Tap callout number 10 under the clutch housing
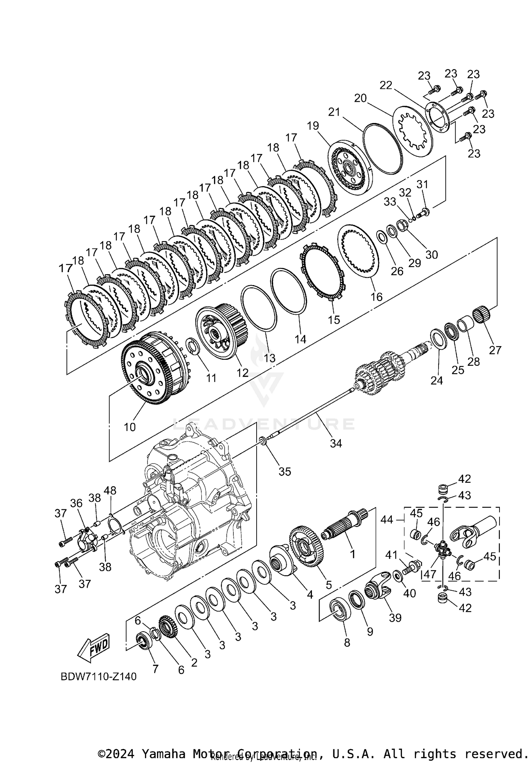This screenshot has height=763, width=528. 130,427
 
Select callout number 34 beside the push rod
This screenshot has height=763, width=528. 335,443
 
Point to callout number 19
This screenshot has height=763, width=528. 313,125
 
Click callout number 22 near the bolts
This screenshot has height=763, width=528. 386,85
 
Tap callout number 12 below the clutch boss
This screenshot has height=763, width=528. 243,373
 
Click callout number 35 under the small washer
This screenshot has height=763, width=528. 285,471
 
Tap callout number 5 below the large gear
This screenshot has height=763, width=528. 328,585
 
